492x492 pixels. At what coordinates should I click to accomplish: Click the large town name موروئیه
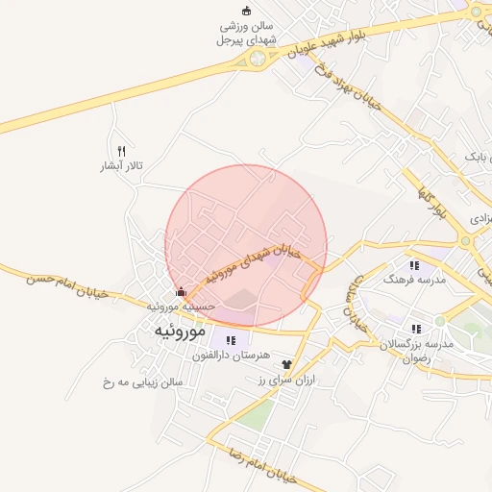178,330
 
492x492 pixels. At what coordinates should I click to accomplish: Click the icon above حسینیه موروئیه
182,292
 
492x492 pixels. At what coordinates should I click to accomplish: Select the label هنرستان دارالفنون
228,356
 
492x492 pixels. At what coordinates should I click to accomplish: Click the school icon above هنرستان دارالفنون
230,339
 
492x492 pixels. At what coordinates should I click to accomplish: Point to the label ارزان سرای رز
286,381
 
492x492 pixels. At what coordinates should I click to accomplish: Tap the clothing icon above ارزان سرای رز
286,365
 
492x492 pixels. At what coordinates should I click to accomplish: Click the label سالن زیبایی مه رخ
142,381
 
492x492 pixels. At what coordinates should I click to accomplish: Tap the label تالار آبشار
122,166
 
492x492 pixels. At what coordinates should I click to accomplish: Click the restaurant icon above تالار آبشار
121,151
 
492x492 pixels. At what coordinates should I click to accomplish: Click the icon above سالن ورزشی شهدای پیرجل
246,11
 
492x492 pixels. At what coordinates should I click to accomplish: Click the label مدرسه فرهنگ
415,279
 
